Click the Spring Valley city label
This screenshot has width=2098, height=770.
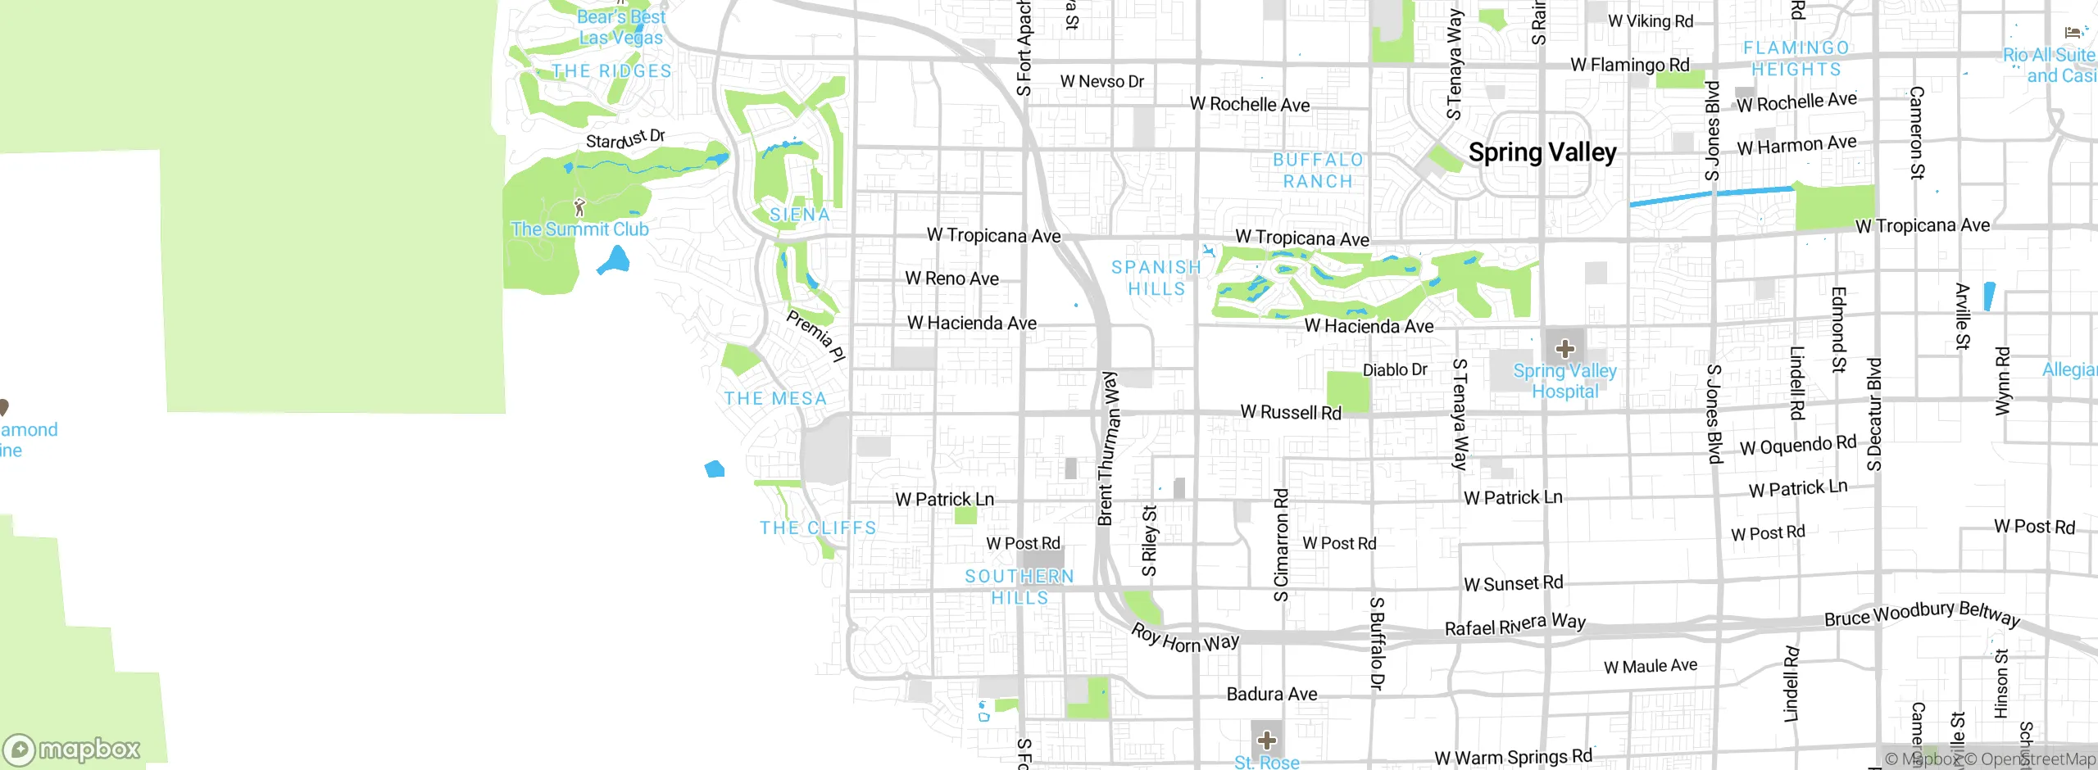(x=1542, y=152)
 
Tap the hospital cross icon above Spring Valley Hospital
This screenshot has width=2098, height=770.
(x=1564, y=349)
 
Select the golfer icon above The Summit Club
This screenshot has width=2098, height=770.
(x=579, y=206)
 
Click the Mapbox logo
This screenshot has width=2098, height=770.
(x=72, y=749)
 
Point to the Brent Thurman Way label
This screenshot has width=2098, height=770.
(x=1108, y=448)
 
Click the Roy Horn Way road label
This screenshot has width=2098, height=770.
(x=1184, y=639)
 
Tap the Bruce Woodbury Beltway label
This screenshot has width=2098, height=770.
(x=1921, y=614)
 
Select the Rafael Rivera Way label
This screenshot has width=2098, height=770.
(x=1514, y=625)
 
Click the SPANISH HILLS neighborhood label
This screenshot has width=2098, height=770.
(x=1156, y=278)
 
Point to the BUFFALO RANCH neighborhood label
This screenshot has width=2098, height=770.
(x=1318, y=170)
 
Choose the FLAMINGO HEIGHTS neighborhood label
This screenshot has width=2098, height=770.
(x=1796, y=59)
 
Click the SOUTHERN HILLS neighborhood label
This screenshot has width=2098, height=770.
(x=1019, y=587)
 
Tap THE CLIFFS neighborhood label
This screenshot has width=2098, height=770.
(x=818, y=528)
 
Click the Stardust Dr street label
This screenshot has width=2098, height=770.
(x=625, y=139)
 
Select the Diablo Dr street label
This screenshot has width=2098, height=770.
(x=1395, y=370)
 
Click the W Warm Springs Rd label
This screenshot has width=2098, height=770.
(x=1513, y=758)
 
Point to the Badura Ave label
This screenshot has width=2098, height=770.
(x=1272, y=695)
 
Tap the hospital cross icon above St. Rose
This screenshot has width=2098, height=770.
(x=1267, y=741)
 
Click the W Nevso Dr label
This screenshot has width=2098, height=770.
(x=1101, y=81)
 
